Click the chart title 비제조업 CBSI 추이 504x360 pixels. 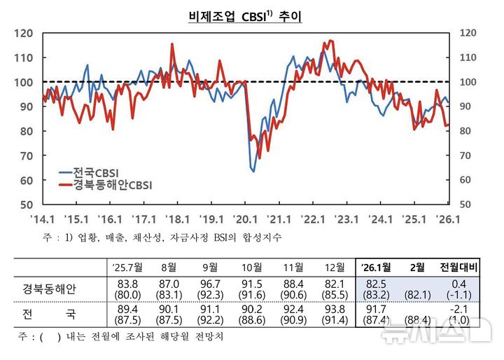tap(245, 15)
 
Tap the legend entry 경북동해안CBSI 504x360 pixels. tap(113, 185)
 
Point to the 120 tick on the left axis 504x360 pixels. tap(24, 33)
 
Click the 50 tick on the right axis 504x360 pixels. tap(468, 205)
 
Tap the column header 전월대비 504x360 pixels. tap(456, 267)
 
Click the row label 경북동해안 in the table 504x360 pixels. tap(49, 289)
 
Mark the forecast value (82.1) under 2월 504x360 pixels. tap(417, 294)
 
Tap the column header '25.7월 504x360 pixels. tap(127, 267)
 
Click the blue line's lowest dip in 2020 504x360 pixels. tap(253, 170)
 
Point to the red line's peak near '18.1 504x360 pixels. tap(172, 45)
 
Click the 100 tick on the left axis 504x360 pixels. tap(24, 82)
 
